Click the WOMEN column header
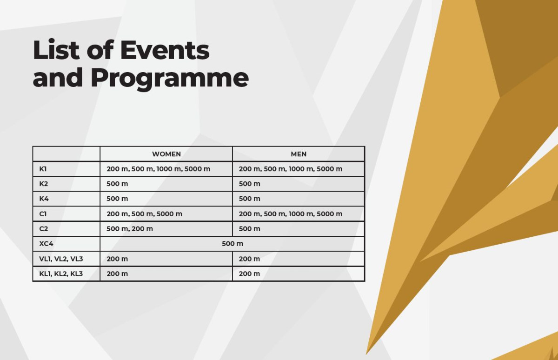[x=166, y=154]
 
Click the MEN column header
[x=299, y=154]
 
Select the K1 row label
[x=43, y=169]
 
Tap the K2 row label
[x=44, y=184]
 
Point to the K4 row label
[x=44, y=199]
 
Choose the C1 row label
[x=43, y=214]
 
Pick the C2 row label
[x=44, y=229]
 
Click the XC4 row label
[x=46, y=244]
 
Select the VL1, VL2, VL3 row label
[x=61, y=259]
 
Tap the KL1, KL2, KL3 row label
[x=61, y=274]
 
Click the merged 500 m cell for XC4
[x=232, y=244]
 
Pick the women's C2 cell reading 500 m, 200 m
[x=130, y=229]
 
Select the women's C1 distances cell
[x=144, y=214]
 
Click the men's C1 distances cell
[x=291, y=214]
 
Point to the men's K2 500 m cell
[x=249, y=184]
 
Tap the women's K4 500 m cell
[x=117, y=199]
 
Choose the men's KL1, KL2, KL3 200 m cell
[x=249, y=274]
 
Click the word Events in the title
[x=165, y=50]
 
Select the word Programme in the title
[x=170, y=79]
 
